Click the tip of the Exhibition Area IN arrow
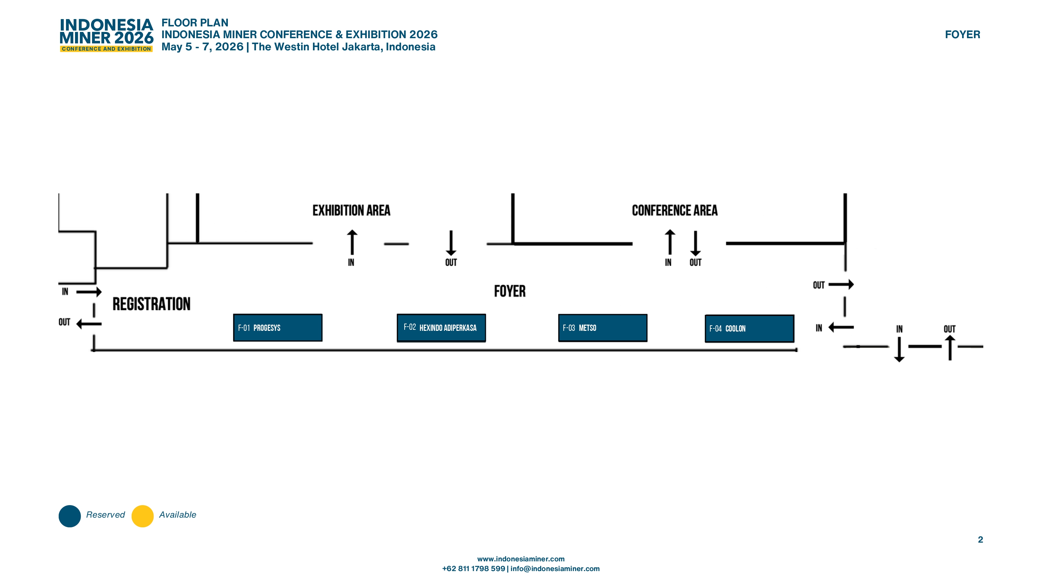pos(352,230)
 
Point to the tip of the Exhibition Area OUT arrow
pos(451,256)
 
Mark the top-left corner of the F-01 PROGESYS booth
pos(233,314)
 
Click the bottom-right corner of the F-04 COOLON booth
pos(794,342)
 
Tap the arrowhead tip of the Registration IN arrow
pos(101,292)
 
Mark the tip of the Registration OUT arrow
pos(76,324)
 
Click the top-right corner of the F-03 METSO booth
pos(647,314)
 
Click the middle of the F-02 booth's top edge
pos(441,314)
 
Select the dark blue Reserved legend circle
pos(69,516)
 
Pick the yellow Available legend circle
pos(142,516)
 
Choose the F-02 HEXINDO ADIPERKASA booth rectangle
pos(441,328)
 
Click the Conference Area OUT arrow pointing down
pos(695,243)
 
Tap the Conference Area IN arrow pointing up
pos(670,242)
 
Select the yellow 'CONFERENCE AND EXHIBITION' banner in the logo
pos(106,49)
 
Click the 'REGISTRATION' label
pos(151,304)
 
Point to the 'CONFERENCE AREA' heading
pos(675,210)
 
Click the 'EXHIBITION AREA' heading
pos(351,210)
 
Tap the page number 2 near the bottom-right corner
pos(981,539)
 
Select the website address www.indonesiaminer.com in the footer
pos(521,559)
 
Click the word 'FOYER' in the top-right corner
pos(962,35)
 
